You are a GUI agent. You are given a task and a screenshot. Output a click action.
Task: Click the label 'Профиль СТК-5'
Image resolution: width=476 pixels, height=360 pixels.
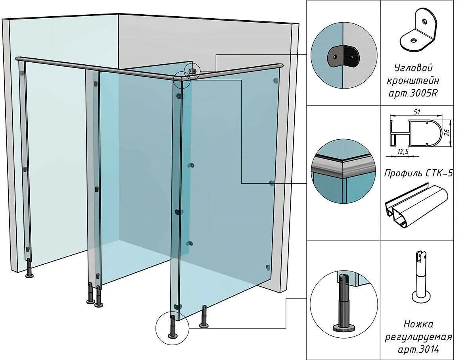pos(418,173)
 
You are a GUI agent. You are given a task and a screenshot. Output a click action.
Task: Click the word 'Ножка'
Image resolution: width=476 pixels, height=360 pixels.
pos(419,324)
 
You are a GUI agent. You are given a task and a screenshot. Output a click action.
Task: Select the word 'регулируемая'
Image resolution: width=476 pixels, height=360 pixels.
pos(418,337)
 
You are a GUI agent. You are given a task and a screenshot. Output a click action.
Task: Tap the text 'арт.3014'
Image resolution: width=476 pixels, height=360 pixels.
pos(419,350)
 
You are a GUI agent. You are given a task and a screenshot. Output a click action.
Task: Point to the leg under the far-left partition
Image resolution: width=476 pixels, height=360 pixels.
pos(29,269)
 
